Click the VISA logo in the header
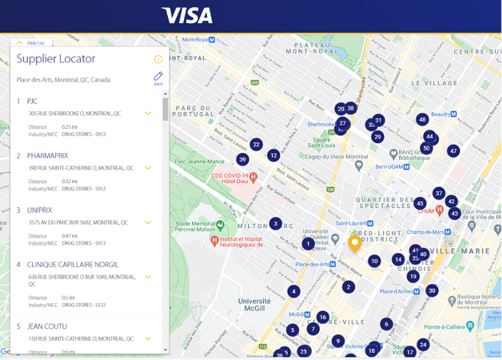pos(187,15)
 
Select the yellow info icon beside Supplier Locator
pos(158,59)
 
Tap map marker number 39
pos(242,159)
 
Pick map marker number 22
pos(256,144)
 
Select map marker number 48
pos(423,119)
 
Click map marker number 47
pos(454,151)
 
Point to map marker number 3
pos(275,223)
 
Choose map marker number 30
pos(432,290)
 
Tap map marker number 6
pos(386,324)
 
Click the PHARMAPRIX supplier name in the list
pos(48,156)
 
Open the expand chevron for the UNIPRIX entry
pos(148,222)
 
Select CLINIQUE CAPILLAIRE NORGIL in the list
pos(73,264)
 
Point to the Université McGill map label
pos(254,304)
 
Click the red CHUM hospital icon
pos(439,210)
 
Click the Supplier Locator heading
pos(56,59)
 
